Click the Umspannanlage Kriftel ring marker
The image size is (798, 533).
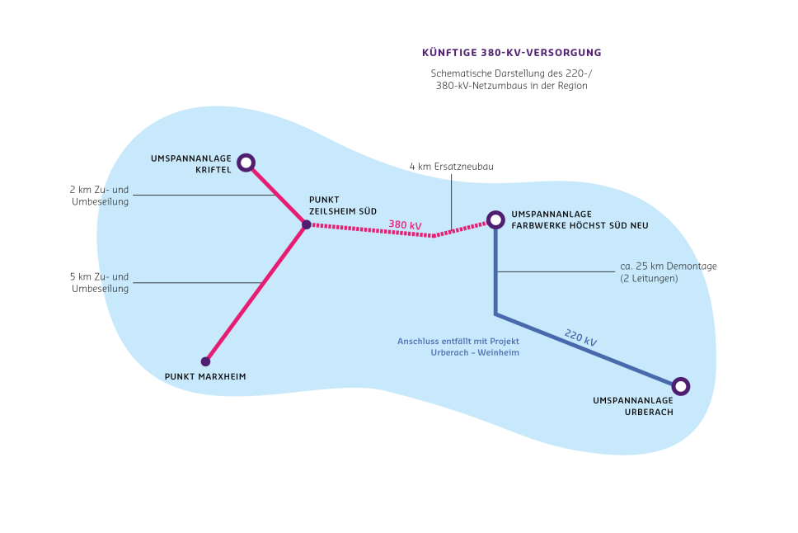pyautogui.click(x=246, y=155)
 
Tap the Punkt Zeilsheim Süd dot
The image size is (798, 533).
pyautogui.click(x=307, y=224)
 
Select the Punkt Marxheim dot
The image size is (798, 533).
pyautogui.click(x=205, y=361)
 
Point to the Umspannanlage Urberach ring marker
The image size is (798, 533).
pyautogui.click(x=681, y=379)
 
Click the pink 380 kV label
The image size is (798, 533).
pyautogui.click(x=405, y=224)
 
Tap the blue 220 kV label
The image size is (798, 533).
pyautogui.click(x=580, y=337)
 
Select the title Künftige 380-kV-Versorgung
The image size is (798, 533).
pyautogui.click(x=511, y=53)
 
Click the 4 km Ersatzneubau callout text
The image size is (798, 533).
pyautogui.click(x=452, y=167)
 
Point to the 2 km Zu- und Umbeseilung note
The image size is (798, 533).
pyautogui.click(x=99, y=196)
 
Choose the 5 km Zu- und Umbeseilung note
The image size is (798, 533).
pyautogui.click(x=99, y=283)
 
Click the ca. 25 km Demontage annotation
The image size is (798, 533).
pyautogui.click(x=669, y=272)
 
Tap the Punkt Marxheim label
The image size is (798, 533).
pyautogui.click(x=205, y=376)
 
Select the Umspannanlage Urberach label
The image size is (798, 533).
pyautogui.click(x=633, y=406)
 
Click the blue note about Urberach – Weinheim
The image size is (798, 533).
pyautogui.click(x=458, y=347)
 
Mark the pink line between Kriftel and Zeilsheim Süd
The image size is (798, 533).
pyautogui.click(x=276, y=194)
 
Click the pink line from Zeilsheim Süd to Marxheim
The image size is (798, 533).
pyautogui.click(x=256, y=293)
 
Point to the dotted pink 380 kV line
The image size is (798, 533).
pyautogui.click(x=398, y=232)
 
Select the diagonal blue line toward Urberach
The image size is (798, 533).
pyautogui.click(x=588, y=350)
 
